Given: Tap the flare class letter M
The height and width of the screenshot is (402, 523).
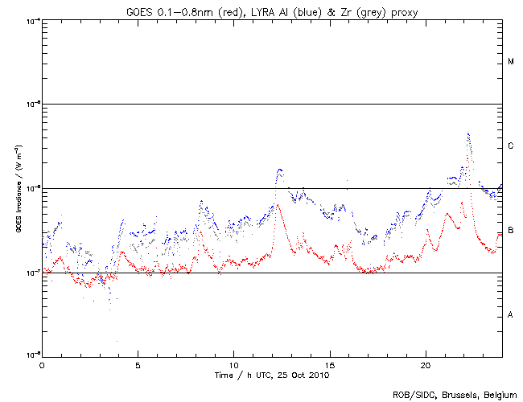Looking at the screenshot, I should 511,62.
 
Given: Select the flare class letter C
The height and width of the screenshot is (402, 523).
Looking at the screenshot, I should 511,146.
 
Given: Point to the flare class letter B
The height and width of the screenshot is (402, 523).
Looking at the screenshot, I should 511,231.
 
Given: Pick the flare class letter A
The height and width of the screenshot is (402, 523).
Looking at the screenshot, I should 511,315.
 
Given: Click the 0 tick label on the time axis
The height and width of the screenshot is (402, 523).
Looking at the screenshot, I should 42,364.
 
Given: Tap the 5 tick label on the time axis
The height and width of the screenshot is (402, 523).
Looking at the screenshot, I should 138,364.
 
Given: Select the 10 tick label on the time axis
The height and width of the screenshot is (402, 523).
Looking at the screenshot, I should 233,364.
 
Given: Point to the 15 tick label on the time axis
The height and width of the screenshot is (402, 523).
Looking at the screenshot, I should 329,364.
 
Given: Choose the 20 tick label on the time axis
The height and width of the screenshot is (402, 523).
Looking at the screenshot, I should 425,364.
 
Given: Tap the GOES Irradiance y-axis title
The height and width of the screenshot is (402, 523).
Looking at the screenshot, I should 17,189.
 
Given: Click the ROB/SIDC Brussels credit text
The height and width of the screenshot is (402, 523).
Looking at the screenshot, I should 454,394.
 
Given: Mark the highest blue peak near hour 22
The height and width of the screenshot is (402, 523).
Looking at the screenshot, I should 468,134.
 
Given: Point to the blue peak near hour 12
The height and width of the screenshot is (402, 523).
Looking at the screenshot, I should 279,170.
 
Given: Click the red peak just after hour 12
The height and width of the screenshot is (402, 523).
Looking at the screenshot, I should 276,205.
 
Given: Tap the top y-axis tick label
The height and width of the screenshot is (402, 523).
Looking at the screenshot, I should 31,20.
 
